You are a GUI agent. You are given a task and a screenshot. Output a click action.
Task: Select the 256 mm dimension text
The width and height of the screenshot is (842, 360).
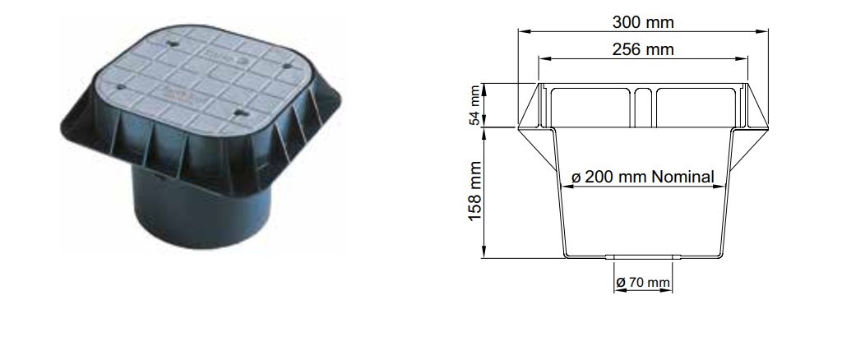coord(644,49)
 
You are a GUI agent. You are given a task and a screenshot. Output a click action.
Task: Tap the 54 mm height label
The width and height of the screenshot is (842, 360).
coord(474,106)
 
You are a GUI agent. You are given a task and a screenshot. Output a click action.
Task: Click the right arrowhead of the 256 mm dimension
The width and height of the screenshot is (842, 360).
coord(747,58)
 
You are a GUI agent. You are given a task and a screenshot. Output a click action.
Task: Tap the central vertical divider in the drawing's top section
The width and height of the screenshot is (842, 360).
coord(644,107)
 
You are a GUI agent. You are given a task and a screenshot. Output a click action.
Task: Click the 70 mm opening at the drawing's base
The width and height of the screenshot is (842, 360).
coord(644,258)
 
